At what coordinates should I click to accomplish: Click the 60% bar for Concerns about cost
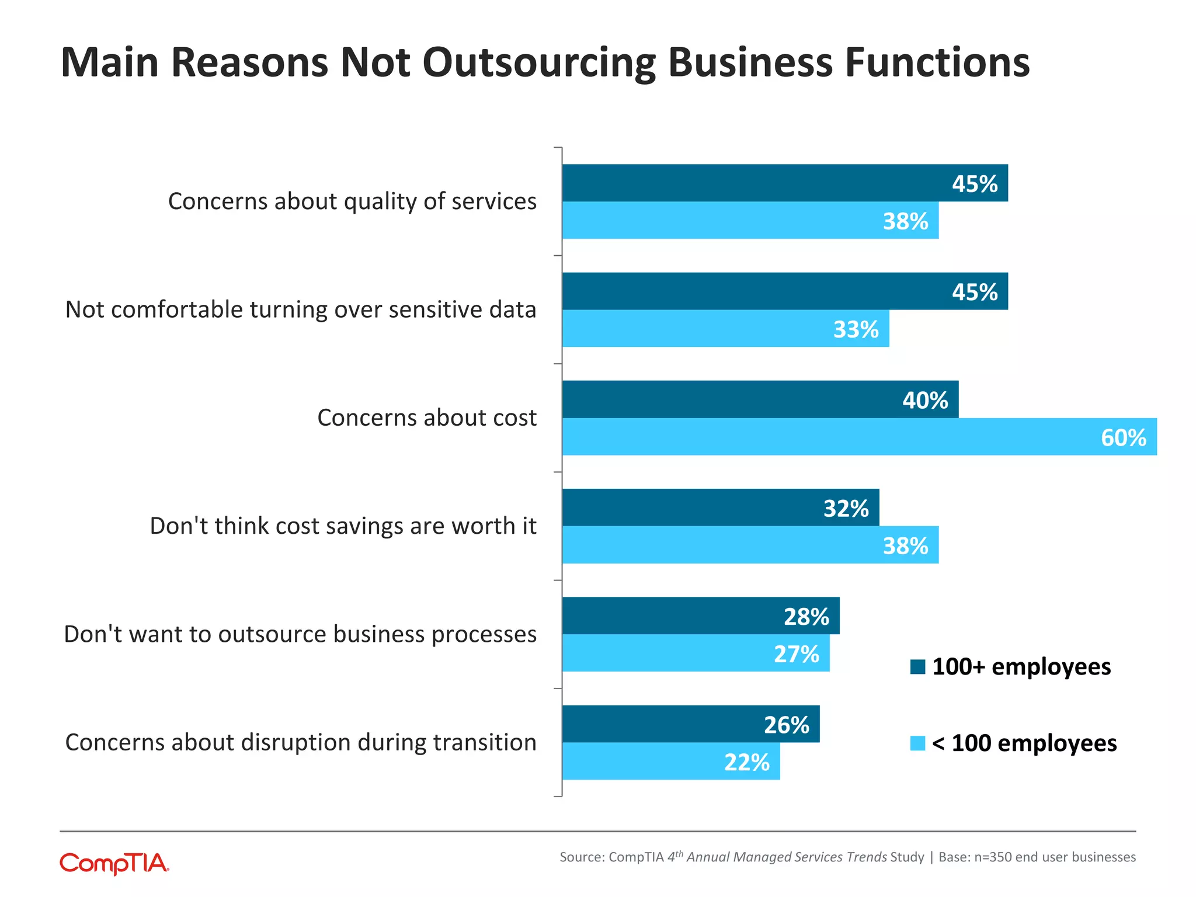click(858, 437)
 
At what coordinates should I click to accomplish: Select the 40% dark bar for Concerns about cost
click(759, 399)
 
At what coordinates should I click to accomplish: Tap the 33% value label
click(856, 329)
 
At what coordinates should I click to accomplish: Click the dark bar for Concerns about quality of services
click(783, 183)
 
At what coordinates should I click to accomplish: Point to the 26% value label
click(786, 725)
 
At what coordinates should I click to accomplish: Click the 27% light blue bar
click(695, 653)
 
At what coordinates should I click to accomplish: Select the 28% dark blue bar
click(701, 616)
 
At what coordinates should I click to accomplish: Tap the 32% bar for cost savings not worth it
click(718, 507)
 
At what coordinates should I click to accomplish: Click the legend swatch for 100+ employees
click(917, 667)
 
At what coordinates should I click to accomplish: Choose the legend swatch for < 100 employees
click(917, 743)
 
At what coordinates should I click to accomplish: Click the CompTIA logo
click(114, 863)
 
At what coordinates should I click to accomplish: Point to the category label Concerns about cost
click(426, 418)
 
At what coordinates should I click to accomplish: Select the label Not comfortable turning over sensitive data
click(301, 310)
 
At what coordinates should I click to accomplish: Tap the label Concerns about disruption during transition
click(301, 742)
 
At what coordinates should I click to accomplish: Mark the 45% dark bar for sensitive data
click(783, 291)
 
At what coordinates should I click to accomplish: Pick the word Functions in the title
click(937, 63)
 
